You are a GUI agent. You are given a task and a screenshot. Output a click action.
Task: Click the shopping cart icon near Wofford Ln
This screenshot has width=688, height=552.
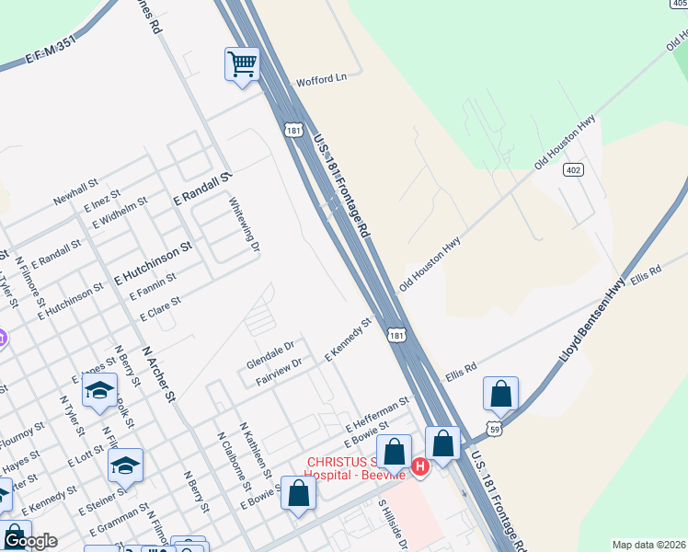tap(242, 65)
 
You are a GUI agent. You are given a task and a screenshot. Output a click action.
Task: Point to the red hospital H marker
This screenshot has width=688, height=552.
tap(420, 466)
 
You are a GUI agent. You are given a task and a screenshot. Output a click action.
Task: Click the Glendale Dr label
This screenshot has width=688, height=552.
tap(269, 353)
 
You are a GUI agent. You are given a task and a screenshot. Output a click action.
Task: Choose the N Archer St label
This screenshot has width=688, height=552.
tap(157, 374)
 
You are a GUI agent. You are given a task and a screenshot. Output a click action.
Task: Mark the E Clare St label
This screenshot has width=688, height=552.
tap(161, 307)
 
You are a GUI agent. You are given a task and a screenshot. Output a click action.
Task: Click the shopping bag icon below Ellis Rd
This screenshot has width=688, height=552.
tap(500, 394)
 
